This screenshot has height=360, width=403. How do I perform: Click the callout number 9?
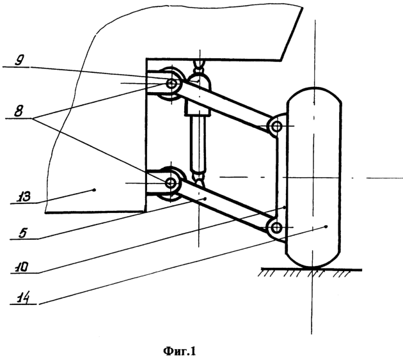20,61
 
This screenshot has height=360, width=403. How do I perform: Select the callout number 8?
19,112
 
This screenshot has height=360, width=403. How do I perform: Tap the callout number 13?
24,197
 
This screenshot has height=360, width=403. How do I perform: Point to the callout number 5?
22,233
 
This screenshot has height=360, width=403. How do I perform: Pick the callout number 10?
21,267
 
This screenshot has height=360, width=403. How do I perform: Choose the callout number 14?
23,299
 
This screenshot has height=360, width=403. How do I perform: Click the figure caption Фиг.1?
179,351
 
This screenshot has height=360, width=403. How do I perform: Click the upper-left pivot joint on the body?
171,84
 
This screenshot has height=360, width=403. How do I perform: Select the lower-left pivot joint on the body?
171,184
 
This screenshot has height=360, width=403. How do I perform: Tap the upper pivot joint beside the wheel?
276,126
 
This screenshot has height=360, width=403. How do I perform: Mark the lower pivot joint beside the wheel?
276,228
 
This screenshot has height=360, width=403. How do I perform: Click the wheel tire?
314,178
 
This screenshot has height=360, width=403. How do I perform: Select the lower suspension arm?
223,205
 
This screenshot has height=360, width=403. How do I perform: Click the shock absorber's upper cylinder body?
198,95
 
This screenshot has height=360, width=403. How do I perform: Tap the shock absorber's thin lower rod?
198,143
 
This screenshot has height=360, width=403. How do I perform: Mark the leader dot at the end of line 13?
94,190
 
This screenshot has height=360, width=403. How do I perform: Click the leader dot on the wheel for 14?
326,226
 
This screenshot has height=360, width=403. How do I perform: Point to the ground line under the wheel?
312,270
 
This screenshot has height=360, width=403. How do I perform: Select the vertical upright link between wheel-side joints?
278,177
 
